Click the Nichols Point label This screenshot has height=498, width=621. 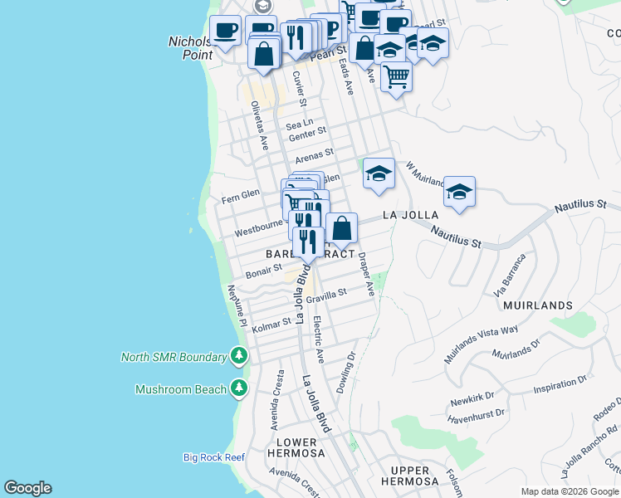click(191, 47)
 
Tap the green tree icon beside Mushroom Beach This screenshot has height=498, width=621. click(239, 388)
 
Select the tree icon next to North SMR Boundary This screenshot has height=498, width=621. click(239, 357)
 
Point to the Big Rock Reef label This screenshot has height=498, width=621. click(214, 457)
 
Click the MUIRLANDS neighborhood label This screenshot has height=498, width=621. click(536, 305)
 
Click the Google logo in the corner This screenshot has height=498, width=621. click(27, 488)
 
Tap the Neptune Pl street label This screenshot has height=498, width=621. click(237, 305)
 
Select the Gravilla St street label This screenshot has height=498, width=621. click(326, 295)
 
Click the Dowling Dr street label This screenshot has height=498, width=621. click(346, 373)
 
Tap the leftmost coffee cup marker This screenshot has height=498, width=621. click(224, 32)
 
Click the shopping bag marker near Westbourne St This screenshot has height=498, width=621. click(341, 228)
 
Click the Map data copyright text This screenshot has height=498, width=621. click(569, 491)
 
